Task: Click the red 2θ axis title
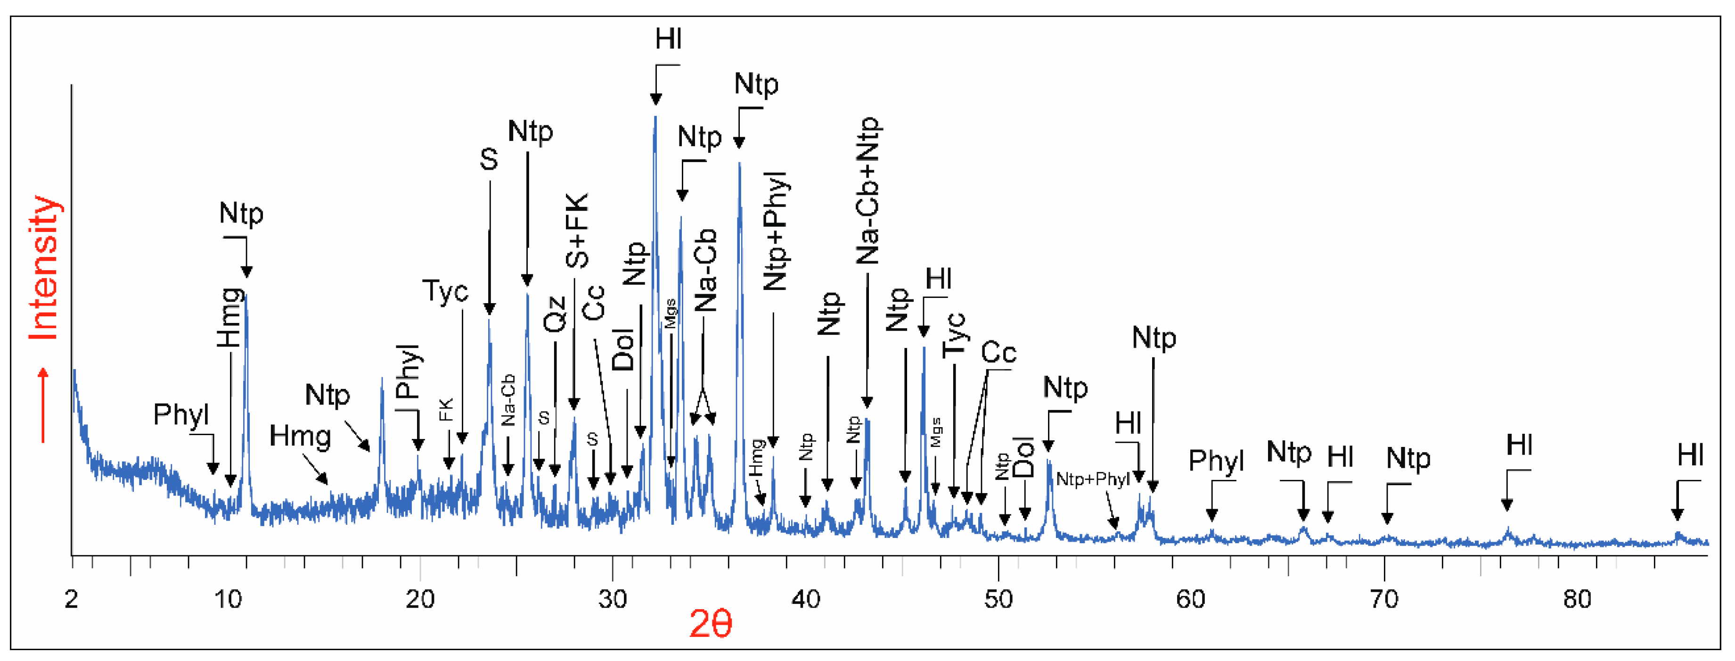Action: [x=710, y=623]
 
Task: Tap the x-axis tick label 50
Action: [x=998, y=598]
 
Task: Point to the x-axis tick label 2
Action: [x=72, y=598]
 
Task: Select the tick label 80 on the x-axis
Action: [x=1577, y=598]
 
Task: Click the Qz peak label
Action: [x=555, y=314]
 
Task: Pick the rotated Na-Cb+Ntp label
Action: [x=867, y=190]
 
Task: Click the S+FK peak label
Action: [x=577, y=231]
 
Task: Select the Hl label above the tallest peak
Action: [x=668, y=39]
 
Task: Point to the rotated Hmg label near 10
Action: [x=229, y=317]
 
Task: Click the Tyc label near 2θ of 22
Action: [x=445, y=291]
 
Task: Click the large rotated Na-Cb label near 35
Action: [x=705, y=270]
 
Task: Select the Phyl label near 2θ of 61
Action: [x=1216, y=461]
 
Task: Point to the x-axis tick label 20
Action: [x=419, y=598]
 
